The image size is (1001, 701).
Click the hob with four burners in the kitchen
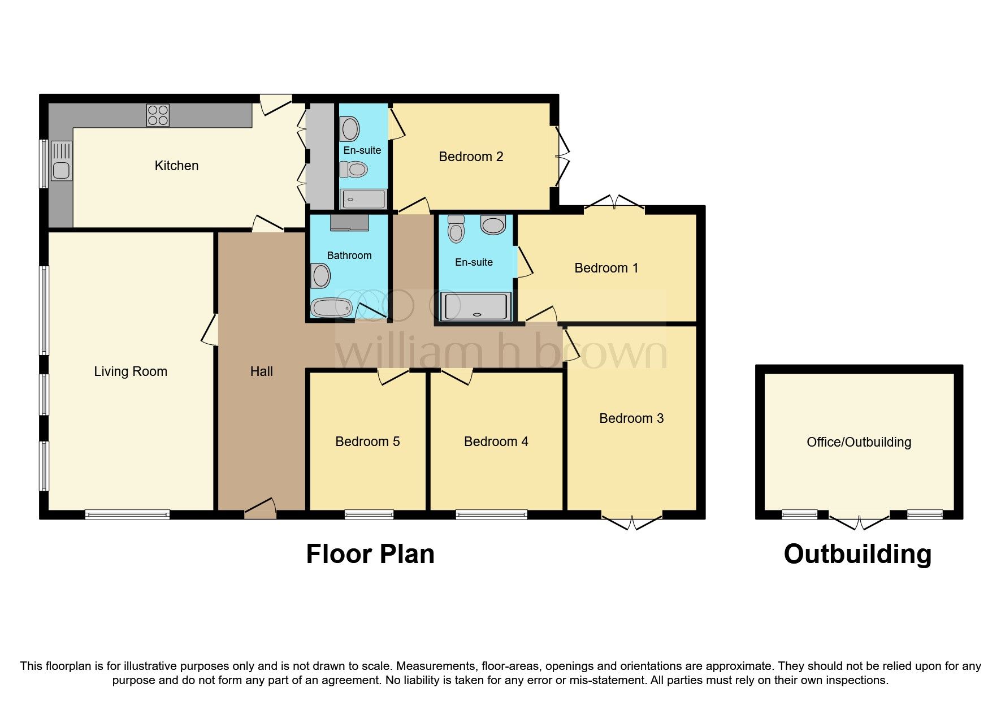click(x=158, y=115)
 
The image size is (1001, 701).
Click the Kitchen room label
click(x=176, y=166)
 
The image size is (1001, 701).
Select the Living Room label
click(x=131, y=371)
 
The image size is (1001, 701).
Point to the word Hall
click(x=261, y=371)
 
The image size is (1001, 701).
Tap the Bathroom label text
click(x=349, y=256)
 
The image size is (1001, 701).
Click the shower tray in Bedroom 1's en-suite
click(x=475, y=306)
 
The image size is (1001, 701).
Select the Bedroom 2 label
click(x=471, y=157)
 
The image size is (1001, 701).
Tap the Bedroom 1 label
click(x=606, y=268)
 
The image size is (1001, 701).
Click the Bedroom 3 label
click(x=631, y=418)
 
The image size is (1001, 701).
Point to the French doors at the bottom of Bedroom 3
click(x=632, y=522)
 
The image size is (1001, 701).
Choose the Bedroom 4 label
click(x=496, y=442)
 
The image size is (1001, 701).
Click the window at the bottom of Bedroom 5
click(x=369, y=514)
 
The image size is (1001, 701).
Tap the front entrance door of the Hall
click(x=261, y=509)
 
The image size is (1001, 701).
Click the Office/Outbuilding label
click(x=859, y=442)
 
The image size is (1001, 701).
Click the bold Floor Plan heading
click(x=370, y=554)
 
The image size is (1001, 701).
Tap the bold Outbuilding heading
click(x=857, y=554)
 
